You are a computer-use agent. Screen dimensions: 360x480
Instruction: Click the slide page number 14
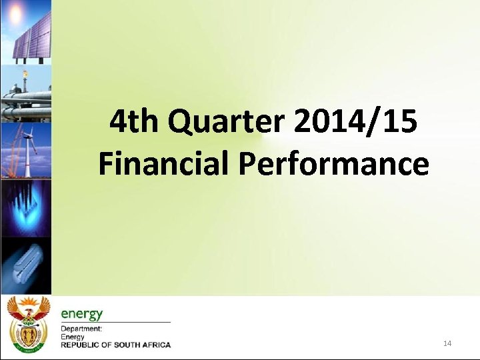[x=447, y=343]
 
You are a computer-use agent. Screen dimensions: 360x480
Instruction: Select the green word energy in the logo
[x=82, y=313]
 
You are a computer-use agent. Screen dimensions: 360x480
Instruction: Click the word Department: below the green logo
[x=81, y=329]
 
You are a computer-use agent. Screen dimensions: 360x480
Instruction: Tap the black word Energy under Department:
[x=73, y=337]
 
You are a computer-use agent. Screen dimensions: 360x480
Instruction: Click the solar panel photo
[x=30, y=40]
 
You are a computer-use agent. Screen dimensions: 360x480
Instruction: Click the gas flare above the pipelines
[x=25, y=75]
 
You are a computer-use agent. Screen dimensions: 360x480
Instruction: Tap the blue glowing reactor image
[x=25, y=207]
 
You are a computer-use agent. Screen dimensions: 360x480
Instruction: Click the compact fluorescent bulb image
[x=25, y=263]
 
